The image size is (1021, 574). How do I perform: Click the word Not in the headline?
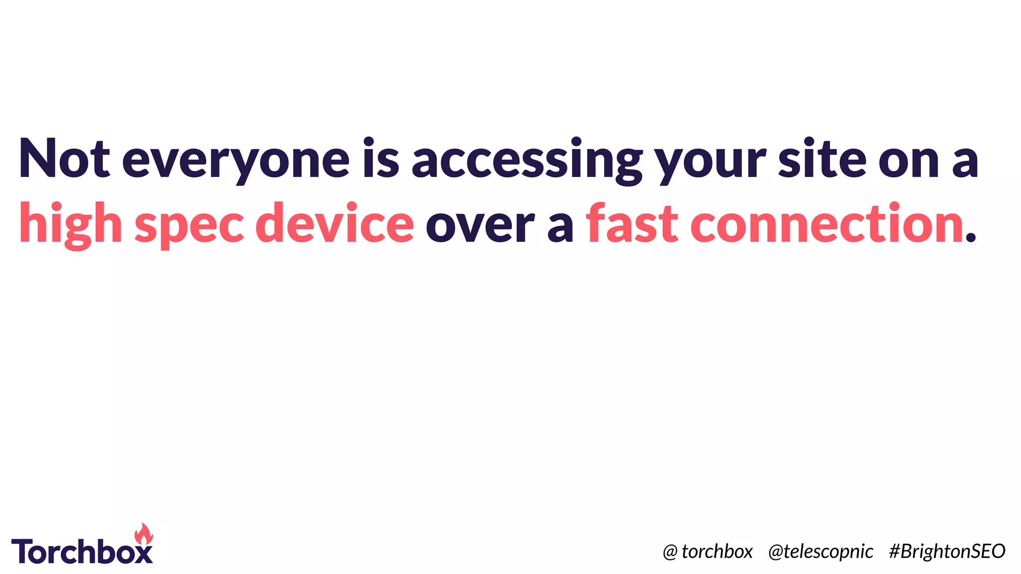[x=64, y=158]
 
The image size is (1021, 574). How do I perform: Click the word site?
[x=823, y=158]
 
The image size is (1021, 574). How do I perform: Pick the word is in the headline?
[x=381, y=158]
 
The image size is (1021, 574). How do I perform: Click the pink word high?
[x=70, y=224]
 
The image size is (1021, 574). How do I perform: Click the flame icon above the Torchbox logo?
[x=144, y=534]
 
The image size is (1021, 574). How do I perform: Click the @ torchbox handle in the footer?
[x=707, y=551]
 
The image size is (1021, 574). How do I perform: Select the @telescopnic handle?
[x=821, y=551]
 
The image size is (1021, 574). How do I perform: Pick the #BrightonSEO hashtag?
[x=947, y=551]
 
